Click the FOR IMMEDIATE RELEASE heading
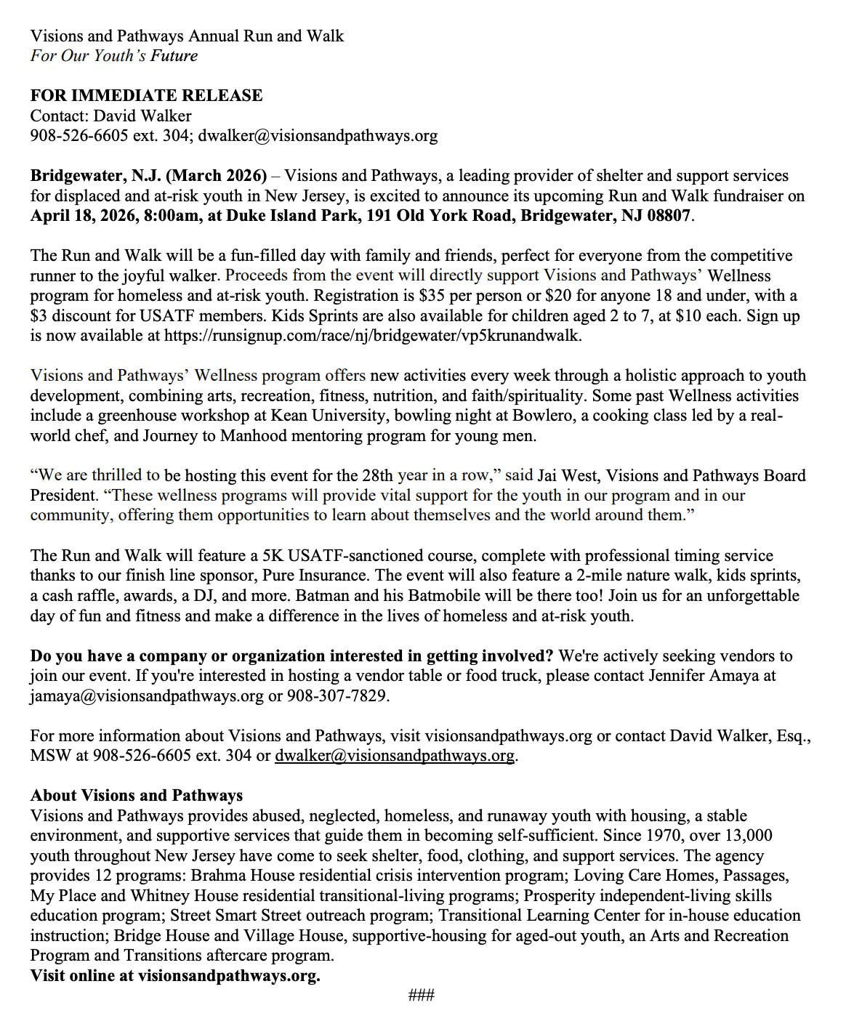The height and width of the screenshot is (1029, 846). click(146, 96)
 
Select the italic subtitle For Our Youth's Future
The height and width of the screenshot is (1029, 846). click(113, 56)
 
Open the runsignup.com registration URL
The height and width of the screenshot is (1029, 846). click(372, 336)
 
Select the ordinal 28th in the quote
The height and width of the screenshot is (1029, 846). click(376, 476)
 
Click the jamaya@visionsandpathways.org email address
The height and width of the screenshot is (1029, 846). click(147, 696)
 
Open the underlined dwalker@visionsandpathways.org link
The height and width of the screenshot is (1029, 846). click(395, 756)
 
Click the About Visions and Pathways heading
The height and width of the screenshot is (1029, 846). click(137, 796)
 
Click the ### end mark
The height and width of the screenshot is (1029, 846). click(422, 995)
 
